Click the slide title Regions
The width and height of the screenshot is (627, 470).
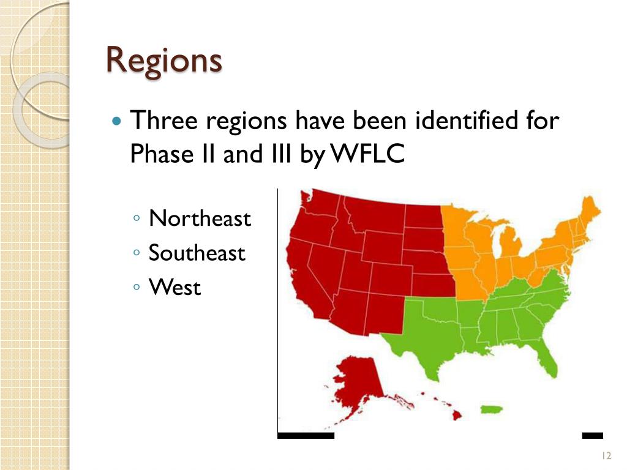(163, 60)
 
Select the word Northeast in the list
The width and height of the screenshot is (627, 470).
(200, 218)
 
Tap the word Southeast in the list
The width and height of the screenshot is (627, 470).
(197, 253)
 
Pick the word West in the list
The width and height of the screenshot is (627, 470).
(175, 287)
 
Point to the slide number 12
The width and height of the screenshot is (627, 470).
(607, 455)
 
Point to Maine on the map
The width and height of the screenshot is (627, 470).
(588, 211)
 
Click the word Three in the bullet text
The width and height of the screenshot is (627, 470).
(164, 121)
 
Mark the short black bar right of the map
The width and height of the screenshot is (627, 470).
(592, 436)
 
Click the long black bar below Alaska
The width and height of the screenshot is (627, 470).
(306, 436)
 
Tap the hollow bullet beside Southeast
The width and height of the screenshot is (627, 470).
(138, 253)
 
